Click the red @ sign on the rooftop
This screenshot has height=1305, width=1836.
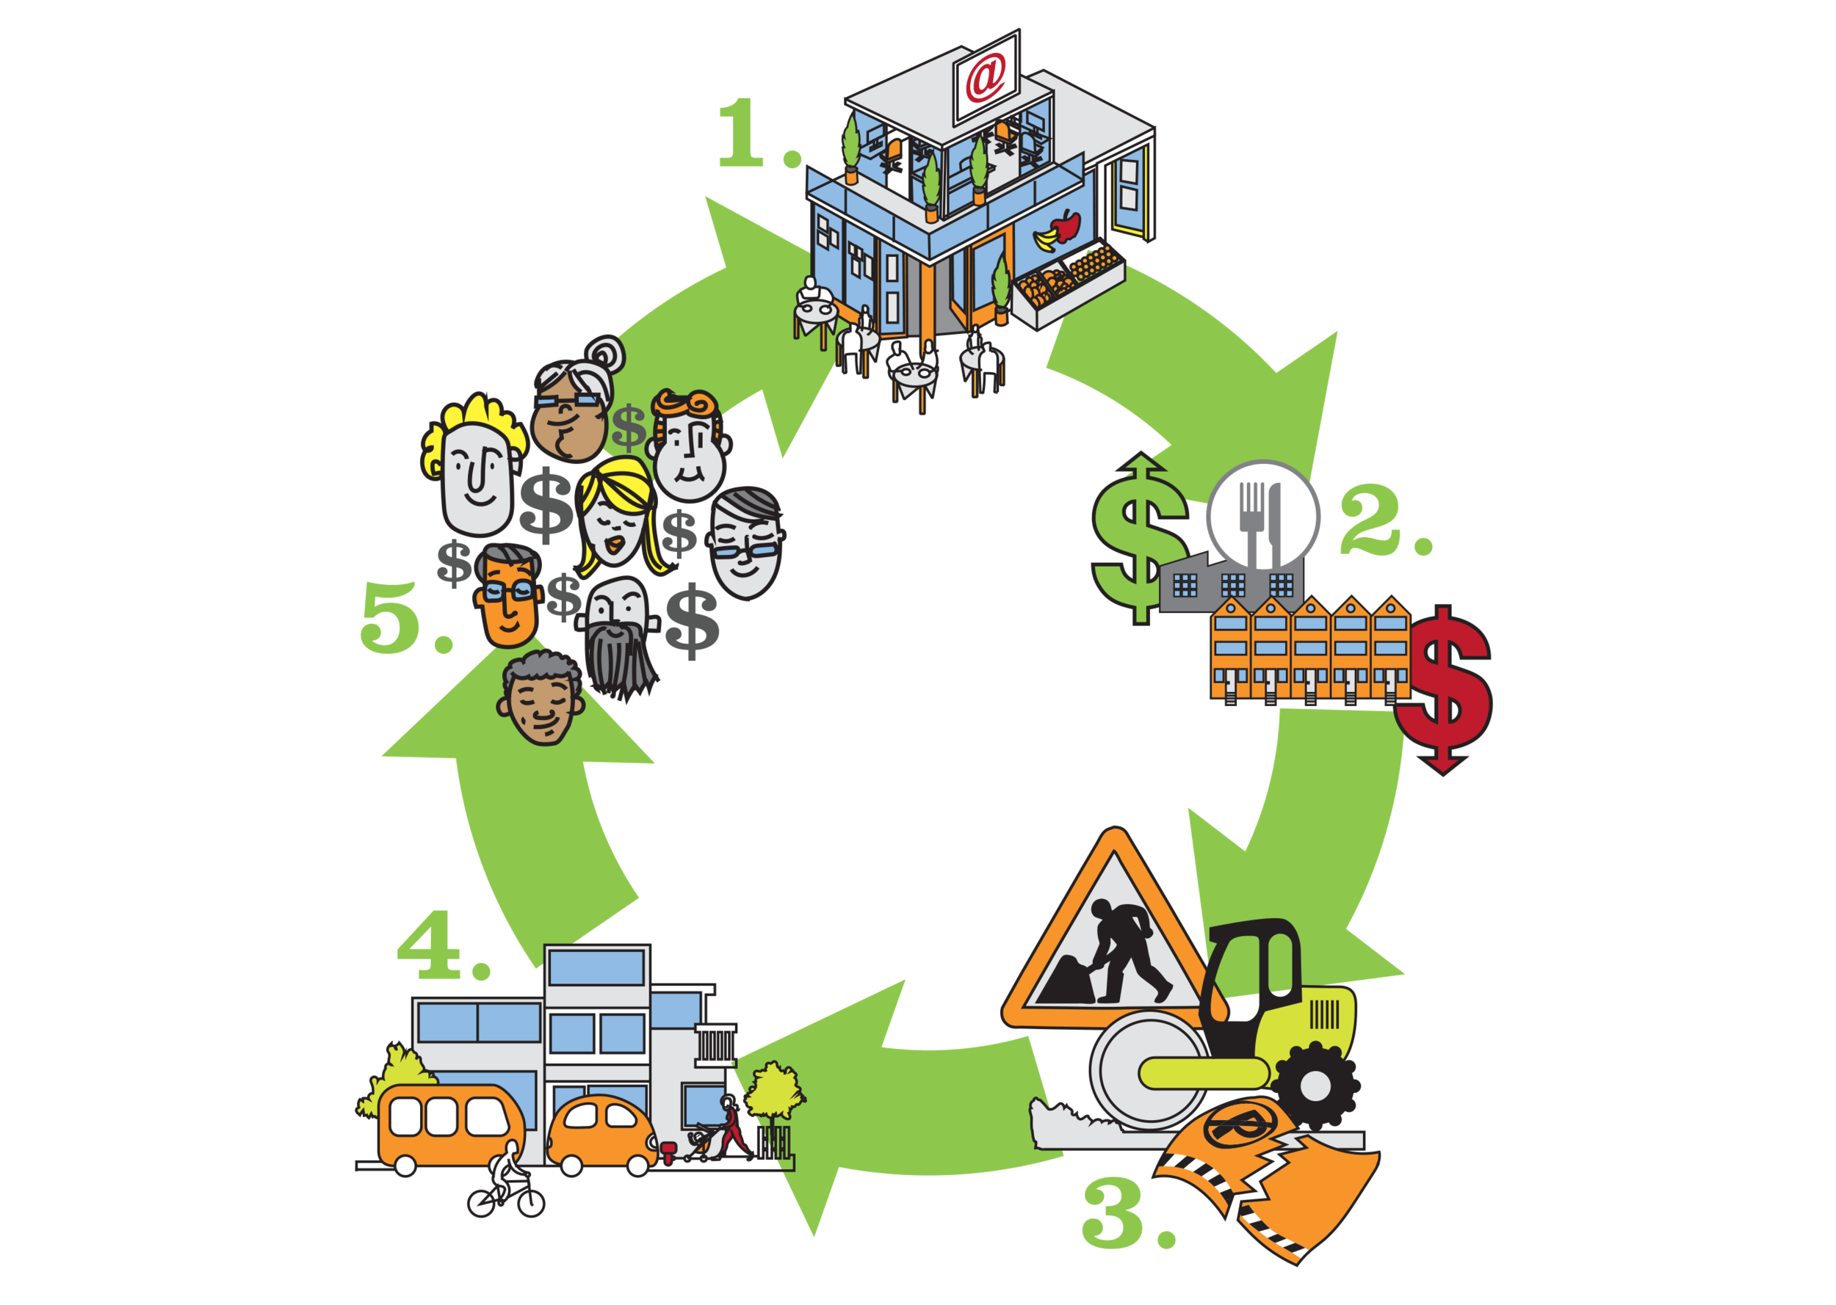(x=986, y=78)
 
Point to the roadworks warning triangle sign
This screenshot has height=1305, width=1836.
(x=1113, y=948)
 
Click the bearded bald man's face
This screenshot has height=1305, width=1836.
(x=618, y=635)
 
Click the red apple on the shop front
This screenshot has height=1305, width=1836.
(x=1066, y=226)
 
